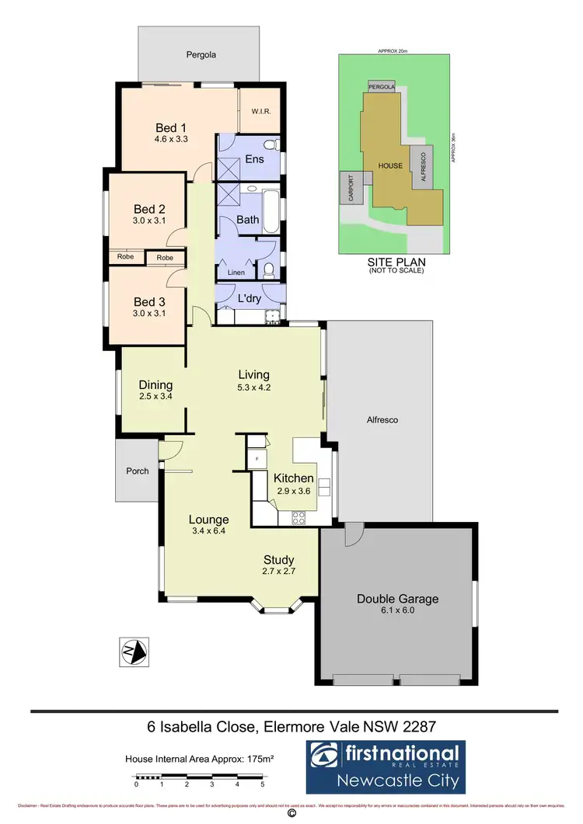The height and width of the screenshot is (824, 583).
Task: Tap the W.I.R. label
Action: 260,111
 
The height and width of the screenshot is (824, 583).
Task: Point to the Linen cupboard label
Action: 236,273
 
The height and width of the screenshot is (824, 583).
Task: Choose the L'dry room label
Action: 248,298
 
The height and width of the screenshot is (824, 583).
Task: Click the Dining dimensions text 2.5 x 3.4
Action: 155,396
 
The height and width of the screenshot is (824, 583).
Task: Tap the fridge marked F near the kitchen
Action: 256,459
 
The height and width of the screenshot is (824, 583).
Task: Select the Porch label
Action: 137,471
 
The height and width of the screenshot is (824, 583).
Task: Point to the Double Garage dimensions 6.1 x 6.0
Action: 397,611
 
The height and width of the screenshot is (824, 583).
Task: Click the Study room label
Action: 278,559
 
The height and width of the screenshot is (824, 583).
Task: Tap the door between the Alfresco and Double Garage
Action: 352,534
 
